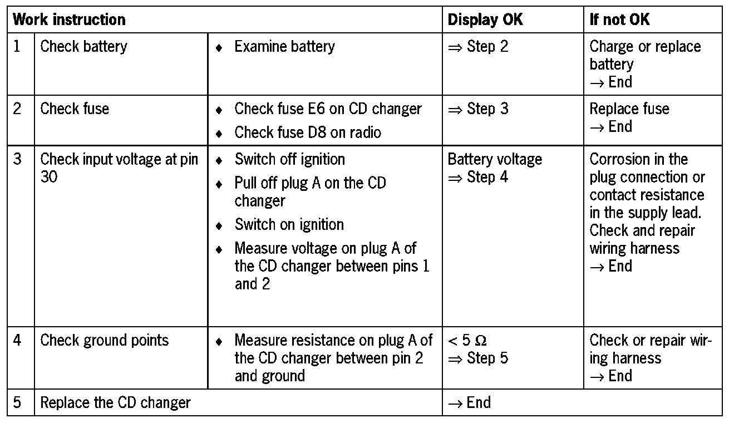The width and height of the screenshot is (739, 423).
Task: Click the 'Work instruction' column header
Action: [x=69, y=20]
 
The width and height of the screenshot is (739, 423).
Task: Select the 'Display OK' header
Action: [x=485, y=20]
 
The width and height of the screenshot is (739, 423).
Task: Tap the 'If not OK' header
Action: [x=619, y=20]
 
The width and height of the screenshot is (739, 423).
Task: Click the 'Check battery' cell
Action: [x=83, y=46]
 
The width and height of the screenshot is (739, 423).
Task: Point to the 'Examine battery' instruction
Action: [x=284, y=47]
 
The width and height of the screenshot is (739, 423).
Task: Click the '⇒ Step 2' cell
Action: [x=478, y=46]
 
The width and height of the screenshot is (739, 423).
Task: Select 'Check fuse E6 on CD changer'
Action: [x=328, y=109]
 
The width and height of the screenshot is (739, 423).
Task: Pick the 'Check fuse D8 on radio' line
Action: [x=308, y=132]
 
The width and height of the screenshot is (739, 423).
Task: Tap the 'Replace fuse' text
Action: [x=629, y=109]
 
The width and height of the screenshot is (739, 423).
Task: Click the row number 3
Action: [x=18, y=159]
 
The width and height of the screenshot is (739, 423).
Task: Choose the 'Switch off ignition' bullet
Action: [x=289, y=159]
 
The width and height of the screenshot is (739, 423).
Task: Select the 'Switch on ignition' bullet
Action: [x=289, y=225]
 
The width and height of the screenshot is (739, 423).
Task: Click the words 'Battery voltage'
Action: [x=495, y=159]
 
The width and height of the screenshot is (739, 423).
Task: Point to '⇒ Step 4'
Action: [x=478, y=178]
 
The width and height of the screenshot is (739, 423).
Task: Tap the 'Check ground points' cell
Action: [x=104, y=340]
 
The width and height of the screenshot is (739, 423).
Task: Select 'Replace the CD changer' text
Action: [x=115, y=402]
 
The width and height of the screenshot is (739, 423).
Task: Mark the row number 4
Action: [x=18, y=340]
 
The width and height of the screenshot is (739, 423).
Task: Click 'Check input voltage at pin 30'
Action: [x=119, y=168]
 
